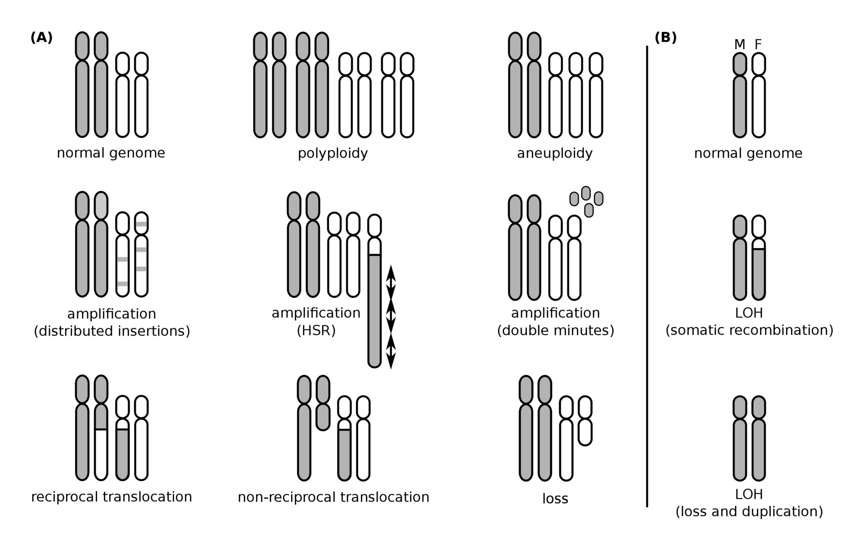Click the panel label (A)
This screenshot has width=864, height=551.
(41, 38)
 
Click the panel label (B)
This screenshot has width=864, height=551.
(666, 38)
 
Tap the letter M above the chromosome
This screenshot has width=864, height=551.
(739, 45)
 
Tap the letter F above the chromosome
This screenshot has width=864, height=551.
(758, 45)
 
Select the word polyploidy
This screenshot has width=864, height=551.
(333, 154)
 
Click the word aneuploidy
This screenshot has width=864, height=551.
(554, 154)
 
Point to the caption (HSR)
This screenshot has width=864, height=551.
(316, 331)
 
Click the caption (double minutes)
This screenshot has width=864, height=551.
(555, 331)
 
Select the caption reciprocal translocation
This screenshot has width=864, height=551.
(112, 497)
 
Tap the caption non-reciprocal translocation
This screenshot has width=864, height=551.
(333, 497)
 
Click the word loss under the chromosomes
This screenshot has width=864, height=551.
(555, 499)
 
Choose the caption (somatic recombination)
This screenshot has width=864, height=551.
(749, 330)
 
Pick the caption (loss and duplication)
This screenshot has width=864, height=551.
(749, 512)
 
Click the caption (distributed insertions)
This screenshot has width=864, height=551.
(112, 331)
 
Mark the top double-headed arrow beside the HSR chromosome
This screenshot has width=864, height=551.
(391, 283)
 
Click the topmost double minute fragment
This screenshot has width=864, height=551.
(586, 193)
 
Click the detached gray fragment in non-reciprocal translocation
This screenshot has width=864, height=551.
(323, 417)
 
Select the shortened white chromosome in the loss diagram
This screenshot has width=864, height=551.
(585, 431)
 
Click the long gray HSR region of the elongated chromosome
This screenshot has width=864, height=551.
(374, 311)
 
